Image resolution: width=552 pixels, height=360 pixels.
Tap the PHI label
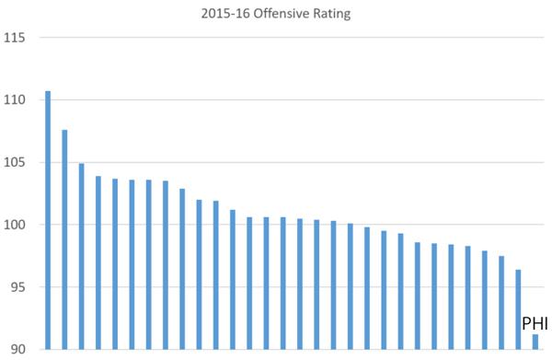point(535,324)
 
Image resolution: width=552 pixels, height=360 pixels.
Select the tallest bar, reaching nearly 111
point(48,220)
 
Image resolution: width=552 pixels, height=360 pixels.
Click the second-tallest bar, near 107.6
point(64,239)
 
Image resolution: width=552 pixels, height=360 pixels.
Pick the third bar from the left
point(81,257)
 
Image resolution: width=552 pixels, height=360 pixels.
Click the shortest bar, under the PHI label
point(535,342)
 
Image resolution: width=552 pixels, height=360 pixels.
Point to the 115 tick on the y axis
point(14,38)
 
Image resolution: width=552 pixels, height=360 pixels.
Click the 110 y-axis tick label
point(14,100)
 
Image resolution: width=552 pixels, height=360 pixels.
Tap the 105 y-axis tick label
point(14,163)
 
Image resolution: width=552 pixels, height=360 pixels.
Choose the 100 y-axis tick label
point(14,225)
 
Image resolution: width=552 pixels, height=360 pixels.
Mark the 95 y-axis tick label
point(17,287)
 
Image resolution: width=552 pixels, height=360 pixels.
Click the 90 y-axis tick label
point(17,349)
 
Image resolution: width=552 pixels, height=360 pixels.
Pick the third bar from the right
point(501,303)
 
